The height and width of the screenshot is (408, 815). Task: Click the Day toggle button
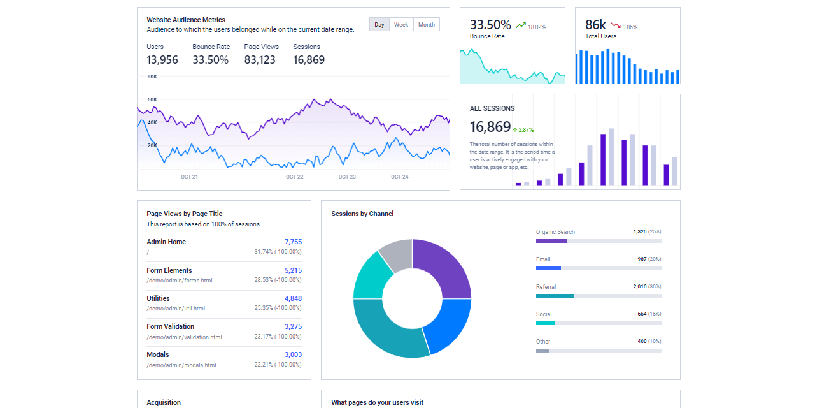point(379,25)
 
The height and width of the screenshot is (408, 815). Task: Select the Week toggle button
point(401,25)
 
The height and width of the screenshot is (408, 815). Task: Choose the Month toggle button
point(427,25)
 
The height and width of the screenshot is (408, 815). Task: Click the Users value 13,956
point(162,60)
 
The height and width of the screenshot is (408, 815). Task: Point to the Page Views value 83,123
point(260,60)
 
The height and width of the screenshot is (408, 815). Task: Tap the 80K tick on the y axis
point(152,76)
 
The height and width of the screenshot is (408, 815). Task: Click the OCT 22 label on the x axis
point(294,177)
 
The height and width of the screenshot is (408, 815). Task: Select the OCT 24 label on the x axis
point(399,177)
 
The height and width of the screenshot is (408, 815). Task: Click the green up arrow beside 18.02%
point(521,25)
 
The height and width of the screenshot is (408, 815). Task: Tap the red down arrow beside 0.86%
point(615,25)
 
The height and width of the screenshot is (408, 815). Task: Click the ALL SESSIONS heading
point(492,108)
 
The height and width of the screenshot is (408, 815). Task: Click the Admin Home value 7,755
point(293,242)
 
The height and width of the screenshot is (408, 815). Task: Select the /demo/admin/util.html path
point(176,309)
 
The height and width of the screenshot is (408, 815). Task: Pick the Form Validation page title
point(171,326)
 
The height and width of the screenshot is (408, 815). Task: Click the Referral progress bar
point(599,296)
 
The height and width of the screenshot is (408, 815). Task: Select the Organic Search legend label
point(555,232)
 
